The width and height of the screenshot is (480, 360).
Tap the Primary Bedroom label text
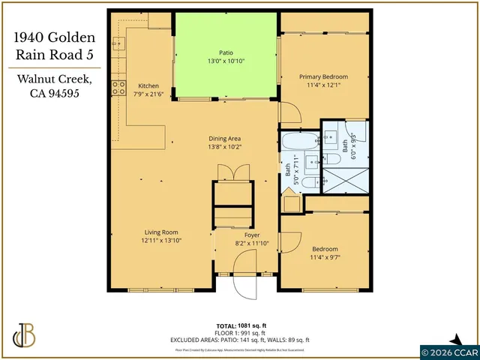coord(325,77)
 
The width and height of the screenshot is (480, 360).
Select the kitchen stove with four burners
coord(118,88)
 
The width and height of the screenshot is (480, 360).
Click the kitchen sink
coord(118,44)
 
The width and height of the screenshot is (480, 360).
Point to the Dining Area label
coord(224,138)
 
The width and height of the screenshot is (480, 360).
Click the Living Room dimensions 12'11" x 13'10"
coord(161,241)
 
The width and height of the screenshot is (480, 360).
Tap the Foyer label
coord(241,235)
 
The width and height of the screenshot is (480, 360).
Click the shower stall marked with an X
coord(346,178)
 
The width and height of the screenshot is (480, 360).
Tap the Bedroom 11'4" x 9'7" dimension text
coord(325,257)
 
